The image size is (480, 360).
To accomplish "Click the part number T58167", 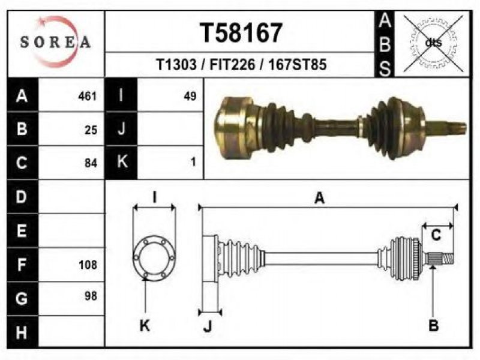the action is coord(241,33).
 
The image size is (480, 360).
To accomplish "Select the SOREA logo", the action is coord(55,42).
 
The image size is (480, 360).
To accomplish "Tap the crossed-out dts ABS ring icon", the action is coord(433,43).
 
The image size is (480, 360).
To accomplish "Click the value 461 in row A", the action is coord(87,96).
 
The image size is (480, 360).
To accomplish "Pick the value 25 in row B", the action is coord(91,130).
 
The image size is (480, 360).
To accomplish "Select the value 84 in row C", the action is coord(91,163).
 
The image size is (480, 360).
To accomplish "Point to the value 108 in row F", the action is coord(88,265).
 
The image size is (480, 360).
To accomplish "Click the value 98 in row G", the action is coord(91,296).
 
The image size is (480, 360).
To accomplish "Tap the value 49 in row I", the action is coord(190,96).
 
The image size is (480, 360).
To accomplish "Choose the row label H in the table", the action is coord(22,332).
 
